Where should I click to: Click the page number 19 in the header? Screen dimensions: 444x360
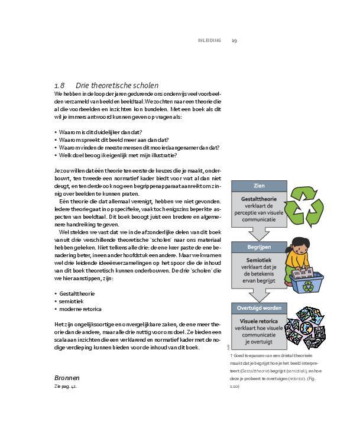coord(234,40)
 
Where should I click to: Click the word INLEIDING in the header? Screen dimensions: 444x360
coord(209,40)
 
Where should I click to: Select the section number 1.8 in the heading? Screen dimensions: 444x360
coord(59,85)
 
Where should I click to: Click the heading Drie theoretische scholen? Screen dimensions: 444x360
coord(117,85)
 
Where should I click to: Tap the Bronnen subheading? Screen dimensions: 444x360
coord(67,377)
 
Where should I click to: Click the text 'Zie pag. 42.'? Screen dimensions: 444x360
coord(66,386)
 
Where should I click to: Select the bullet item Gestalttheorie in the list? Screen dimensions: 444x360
coord(76,293)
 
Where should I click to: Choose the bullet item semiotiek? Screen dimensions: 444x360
coord(71,301)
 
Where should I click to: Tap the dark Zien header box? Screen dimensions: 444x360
coord(258,186)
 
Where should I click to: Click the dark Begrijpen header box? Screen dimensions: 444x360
coord(258,248)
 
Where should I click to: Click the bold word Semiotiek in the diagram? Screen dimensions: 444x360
coord(258,260)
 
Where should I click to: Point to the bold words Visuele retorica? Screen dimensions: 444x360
coord(258,321)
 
